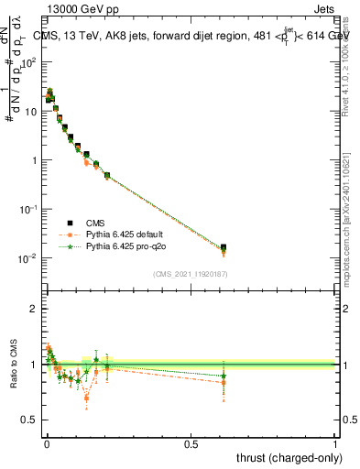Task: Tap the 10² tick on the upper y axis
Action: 29,62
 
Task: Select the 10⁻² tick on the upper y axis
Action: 29,258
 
